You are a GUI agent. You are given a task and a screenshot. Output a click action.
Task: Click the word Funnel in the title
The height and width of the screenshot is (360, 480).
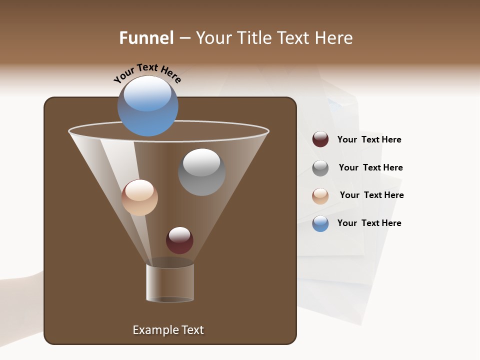tap(146, 38)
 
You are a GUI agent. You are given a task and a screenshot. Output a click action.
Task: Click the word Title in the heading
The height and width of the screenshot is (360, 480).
tap(253, 38)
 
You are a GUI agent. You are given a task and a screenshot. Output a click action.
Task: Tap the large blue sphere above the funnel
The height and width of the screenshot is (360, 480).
tap(147, 106)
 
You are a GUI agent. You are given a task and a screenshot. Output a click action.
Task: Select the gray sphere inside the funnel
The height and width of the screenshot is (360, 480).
tap(201, 172)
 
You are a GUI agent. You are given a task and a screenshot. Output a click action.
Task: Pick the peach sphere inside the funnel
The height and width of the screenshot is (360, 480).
tap(139, 197)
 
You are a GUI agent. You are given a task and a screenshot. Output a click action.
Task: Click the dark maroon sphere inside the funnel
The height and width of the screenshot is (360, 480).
tap(179, 240)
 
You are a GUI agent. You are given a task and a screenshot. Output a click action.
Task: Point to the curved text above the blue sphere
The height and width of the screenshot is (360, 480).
tap(147, 73)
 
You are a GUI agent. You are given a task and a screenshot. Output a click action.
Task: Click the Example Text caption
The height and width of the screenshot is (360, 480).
tap(168, 330)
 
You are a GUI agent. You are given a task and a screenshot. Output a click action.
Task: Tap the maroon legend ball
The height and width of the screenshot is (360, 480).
tap(320, 139)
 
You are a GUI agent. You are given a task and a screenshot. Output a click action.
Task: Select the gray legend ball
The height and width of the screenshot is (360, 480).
tap(320, 168)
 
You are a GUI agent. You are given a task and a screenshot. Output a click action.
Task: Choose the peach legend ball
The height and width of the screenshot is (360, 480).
tap(320, 196)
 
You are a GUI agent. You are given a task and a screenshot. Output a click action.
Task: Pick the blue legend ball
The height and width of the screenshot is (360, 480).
tap(320, 223)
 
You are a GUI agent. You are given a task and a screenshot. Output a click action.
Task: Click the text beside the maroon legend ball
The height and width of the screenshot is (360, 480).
tap(369, 140)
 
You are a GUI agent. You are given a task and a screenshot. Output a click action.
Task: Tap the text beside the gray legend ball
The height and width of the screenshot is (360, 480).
tap(370, 167)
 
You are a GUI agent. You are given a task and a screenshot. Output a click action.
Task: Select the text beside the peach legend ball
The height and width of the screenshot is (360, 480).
tap(371, 195)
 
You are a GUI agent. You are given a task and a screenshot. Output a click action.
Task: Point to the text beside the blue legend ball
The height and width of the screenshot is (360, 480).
tap(369, 223)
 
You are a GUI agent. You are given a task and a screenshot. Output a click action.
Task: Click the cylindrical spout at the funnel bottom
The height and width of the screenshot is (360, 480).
tap(170, 282)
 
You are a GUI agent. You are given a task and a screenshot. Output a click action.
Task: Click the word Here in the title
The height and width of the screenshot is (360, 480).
tap(334, 38)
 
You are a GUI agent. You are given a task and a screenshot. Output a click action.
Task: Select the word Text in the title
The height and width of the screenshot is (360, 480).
tap(294, 38)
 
